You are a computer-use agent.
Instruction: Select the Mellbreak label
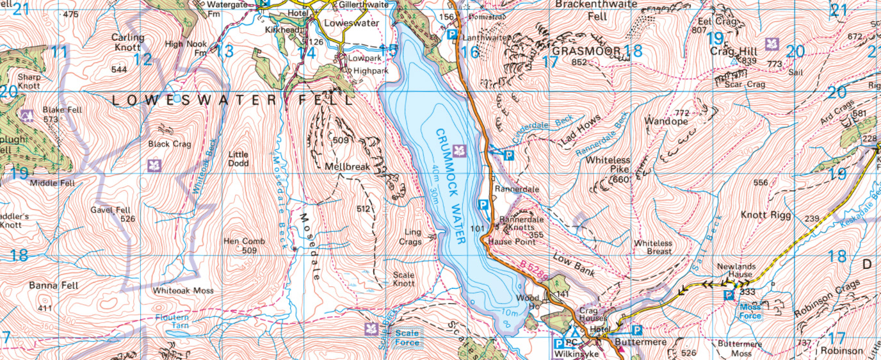pos(348,167)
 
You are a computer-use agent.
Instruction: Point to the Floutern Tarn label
pos(172,321)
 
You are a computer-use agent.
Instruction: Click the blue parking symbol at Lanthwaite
pos(452,35)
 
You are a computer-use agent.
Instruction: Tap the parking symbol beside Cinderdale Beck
pos(509,155)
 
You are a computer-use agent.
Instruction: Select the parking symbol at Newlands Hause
pos(728,295)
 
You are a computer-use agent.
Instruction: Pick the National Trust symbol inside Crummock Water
pos(458,151)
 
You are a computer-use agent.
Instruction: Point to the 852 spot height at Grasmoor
pos(579,62)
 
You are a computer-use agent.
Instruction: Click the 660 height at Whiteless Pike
pos(621,180)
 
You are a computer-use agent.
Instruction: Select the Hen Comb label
pos(240,241)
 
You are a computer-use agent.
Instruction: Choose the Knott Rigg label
pos(765,215)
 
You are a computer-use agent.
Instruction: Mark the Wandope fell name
pos(666,121)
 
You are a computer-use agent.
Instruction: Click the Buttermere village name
pos(640,343)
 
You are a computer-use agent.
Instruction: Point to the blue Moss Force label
pos(750,311)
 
